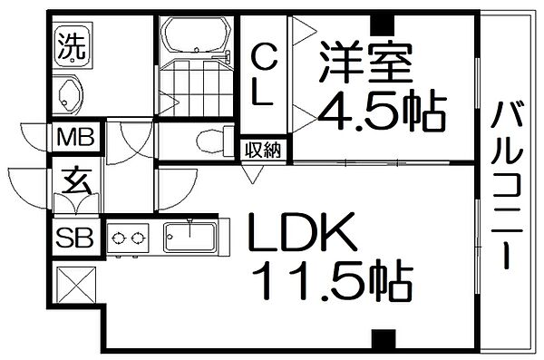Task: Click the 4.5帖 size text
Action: click(381, 112)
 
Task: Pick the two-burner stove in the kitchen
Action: click(129, 239)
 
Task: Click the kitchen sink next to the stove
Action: click(189, 238)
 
